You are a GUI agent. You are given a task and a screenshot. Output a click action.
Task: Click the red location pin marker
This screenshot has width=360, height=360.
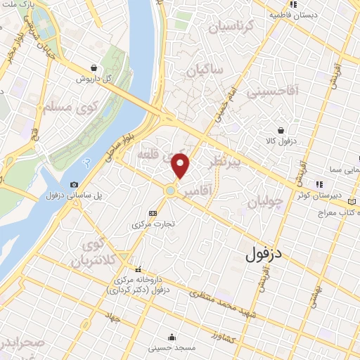pyautogui.click(x=181, y=165)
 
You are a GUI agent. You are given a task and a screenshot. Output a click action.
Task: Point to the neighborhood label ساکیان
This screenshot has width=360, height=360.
pyautogui.click(x=205, y=70)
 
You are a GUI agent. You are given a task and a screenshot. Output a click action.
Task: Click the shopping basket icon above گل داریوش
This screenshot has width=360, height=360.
pyautogui.click(x=94, y=68)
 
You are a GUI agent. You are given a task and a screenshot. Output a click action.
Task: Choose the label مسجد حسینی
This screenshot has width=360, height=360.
pyautogui.click(x=172, y=347)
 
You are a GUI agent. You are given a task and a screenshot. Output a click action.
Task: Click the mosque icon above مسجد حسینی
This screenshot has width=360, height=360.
pyautogui.click(x=172, y=337)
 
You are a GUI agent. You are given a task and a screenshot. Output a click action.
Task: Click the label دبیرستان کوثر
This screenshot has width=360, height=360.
pyautogui.click(x=334, y=195)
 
